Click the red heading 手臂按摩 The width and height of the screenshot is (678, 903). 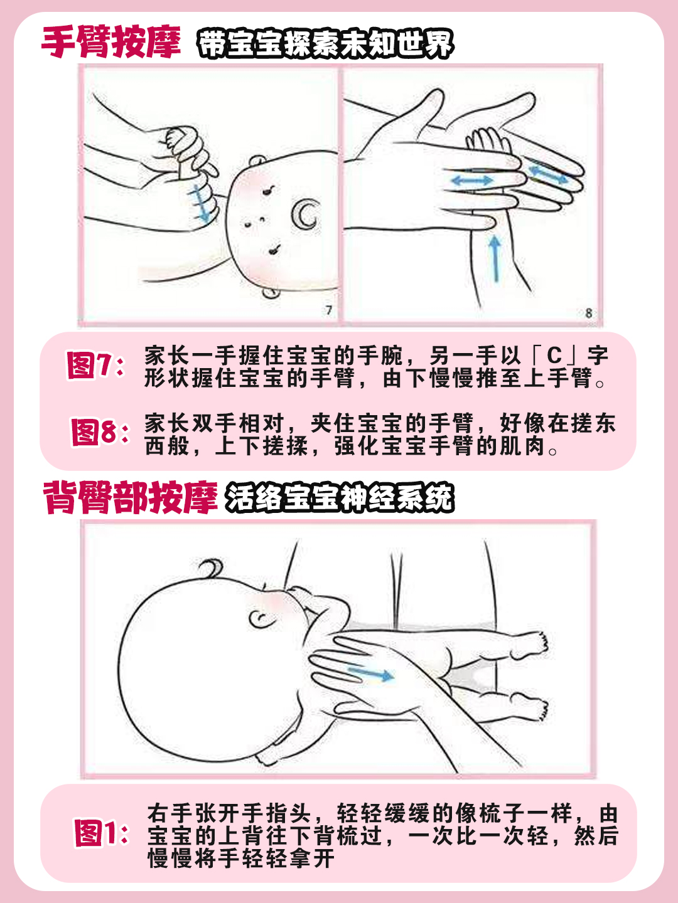coord(111,43)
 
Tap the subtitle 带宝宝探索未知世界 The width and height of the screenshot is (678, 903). coord(325,44)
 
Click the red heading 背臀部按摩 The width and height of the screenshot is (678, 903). coord(130,499)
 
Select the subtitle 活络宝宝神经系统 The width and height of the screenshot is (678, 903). coord(339,499)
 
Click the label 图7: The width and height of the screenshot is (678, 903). coord(95,366)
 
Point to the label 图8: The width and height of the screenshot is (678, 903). coord(99,433)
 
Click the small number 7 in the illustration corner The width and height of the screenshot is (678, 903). coord(329,310)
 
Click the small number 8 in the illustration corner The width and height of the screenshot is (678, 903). coord(588,312)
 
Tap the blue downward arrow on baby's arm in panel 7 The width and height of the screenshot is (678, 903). coord(201,204)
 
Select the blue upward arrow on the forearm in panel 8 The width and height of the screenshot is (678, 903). coord(495,258)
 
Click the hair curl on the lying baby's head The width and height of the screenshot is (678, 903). coord(210,568)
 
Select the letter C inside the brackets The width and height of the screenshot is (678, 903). coord(554,356)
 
